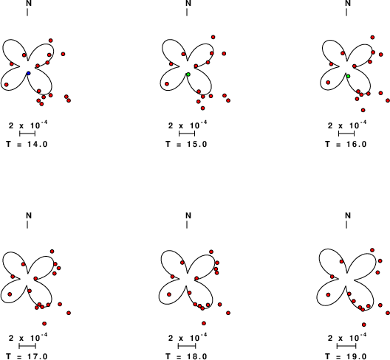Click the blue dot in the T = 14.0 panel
tap(28, 73)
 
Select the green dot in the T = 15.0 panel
tap(188, 75)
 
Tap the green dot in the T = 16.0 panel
tap(348, 76)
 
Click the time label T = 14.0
tap(27, 144)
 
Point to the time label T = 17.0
tap(27, 356)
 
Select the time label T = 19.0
tap(346, 356)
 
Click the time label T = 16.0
tap(346, 144)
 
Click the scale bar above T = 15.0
tap(187, 134)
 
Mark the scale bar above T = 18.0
tap(187, 346)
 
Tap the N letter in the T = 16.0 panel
tap(348, 3)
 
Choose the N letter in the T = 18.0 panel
tap(188, 215)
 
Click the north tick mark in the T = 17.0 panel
tap(27, 224)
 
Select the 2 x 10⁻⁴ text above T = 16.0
tap(347, 125)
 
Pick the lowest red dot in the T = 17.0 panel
tap(44, 323)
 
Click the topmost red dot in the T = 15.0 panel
tap(213, 37)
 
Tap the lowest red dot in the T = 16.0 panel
tap(363, 110)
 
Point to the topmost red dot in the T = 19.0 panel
tap(372, 250)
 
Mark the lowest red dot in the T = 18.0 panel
tap(204, 323)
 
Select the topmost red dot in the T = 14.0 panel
tap(50, 41)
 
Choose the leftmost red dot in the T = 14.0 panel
tap(7, 85)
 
